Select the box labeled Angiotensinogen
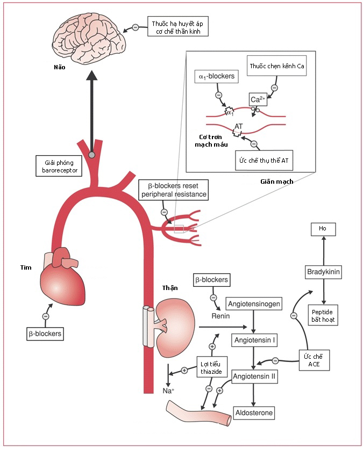(x=254, y=304)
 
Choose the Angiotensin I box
(x=254, y=341)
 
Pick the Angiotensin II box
(x=254, y=376)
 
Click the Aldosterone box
(x=254, y=412)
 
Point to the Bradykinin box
(x=323, y=272)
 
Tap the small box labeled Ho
(x=323, y=229)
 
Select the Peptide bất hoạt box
(x=323, y=316)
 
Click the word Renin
(x=220, y=316)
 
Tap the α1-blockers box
(x=216, y=76)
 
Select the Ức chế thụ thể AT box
(x=264, y=160)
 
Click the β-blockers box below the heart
(x=45, y=334)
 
